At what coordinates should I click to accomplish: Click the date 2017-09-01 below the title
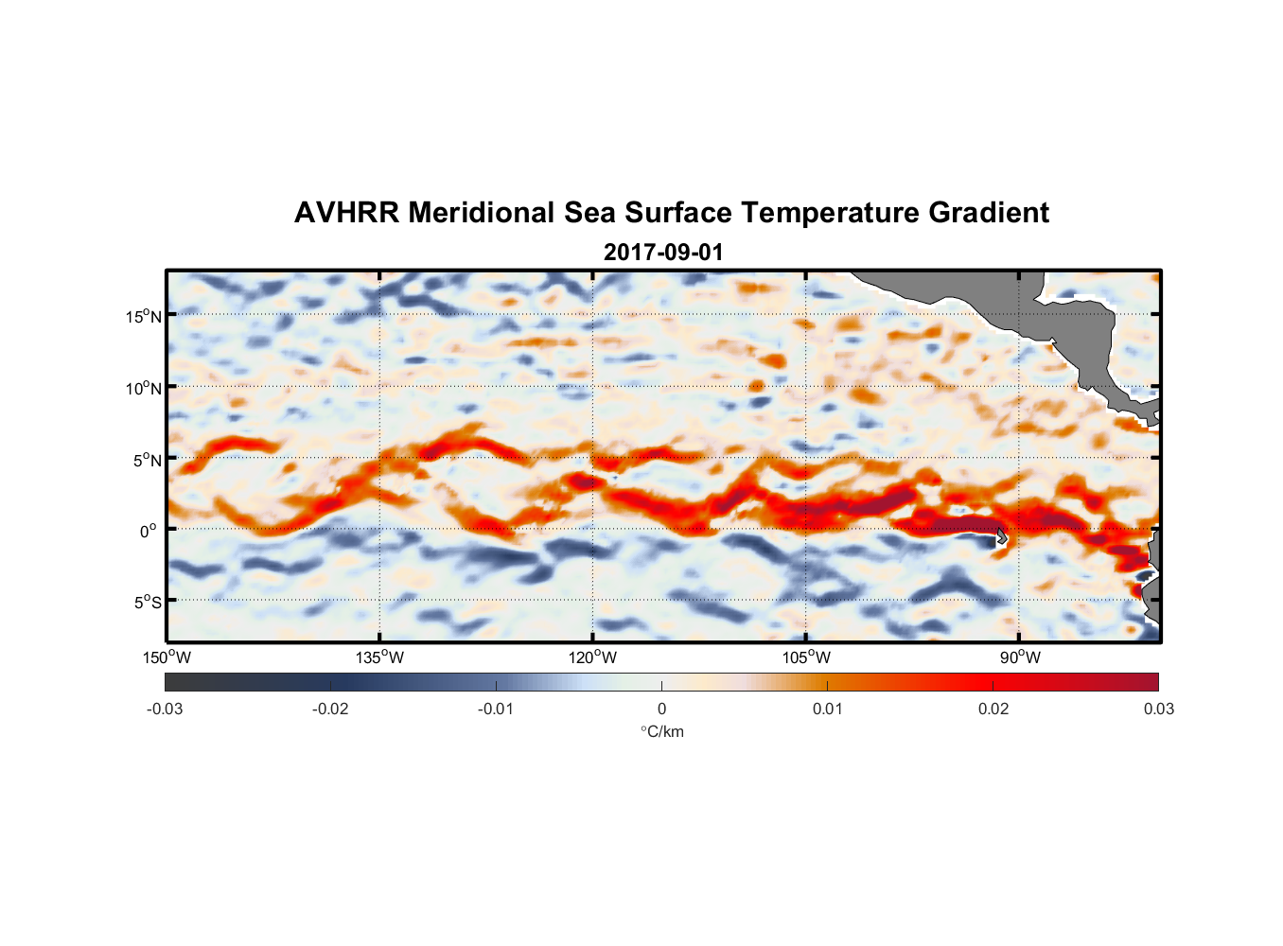pos(662,253)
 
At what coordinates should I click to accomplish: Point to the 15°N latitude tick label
pos(143,316)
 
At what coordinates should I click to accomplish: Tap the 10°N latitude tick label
pos(143,388)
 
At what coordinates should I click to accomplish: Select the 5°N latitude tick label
pos(147,460)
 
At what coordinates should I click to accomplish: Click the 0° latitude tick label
pos(149,531)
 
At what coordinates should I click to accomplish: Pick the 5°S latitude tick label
pos(147,602)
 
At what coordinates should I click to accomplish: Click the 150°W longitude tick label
pos(167,657)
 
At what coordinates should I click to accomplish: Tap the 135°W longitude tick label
pos(380,657)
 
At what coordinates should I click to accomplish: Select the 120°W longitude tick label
pos(593,657)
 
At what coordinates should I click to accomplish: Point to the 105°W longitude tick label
pos(806,657)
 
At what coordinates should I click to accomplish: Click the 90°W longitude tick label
pos(1020,657)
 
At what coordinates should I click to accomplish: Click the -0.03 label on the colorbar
pos(165,709)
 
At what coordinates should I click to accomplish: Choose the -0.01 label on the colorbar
pos(496,709)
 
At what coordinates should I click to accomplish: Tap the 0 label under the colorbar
pos(661,709)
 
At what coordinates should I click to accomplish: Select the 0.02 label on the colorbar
pos(993,709)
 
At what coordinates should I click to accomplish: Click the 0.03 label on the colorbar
pos(1158,709)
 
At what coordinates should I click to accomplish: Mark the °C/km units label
pos(661,731)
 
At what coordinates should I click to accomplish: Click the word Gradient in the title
pos(989,213)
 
